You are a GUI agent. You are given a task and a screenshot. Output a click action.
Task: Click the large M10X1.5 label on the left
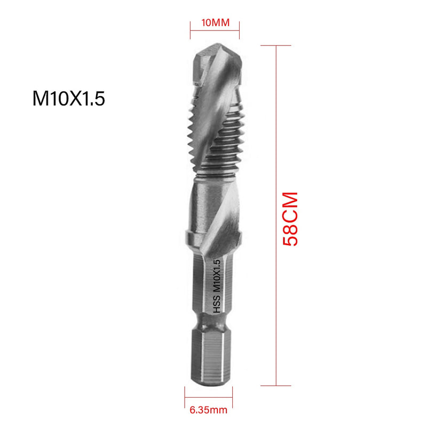click(67, 99)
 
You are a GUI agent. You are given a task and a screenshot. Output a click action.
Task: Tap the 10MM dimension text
click(215, 23)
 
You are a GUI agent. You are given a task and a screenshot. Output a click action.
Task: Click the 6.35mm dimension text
click(208, 410)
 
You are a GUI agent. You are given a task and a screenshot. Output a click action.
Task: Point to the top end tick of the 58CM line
click(276, 45)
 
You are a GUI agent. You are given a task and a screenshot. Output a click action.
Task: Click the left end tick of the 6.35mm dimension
click(185, 396)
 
